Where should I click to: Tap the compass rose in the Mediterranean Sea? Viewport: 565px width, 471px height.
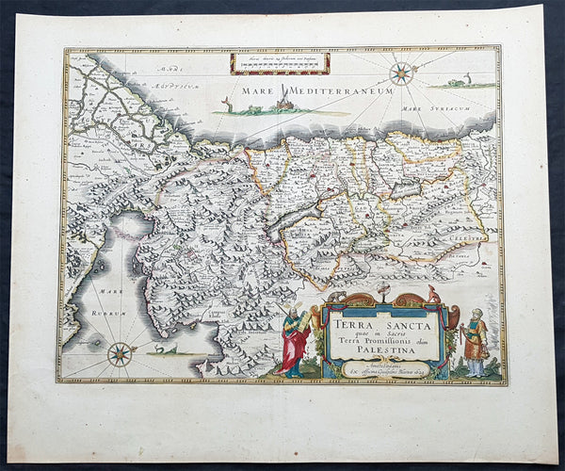pos(402,73)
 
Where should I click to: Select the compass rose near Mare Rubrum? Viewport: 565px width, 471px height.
pos(120,354)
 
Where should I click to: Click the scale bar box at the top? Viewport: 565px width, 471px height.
pos(280,63)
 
